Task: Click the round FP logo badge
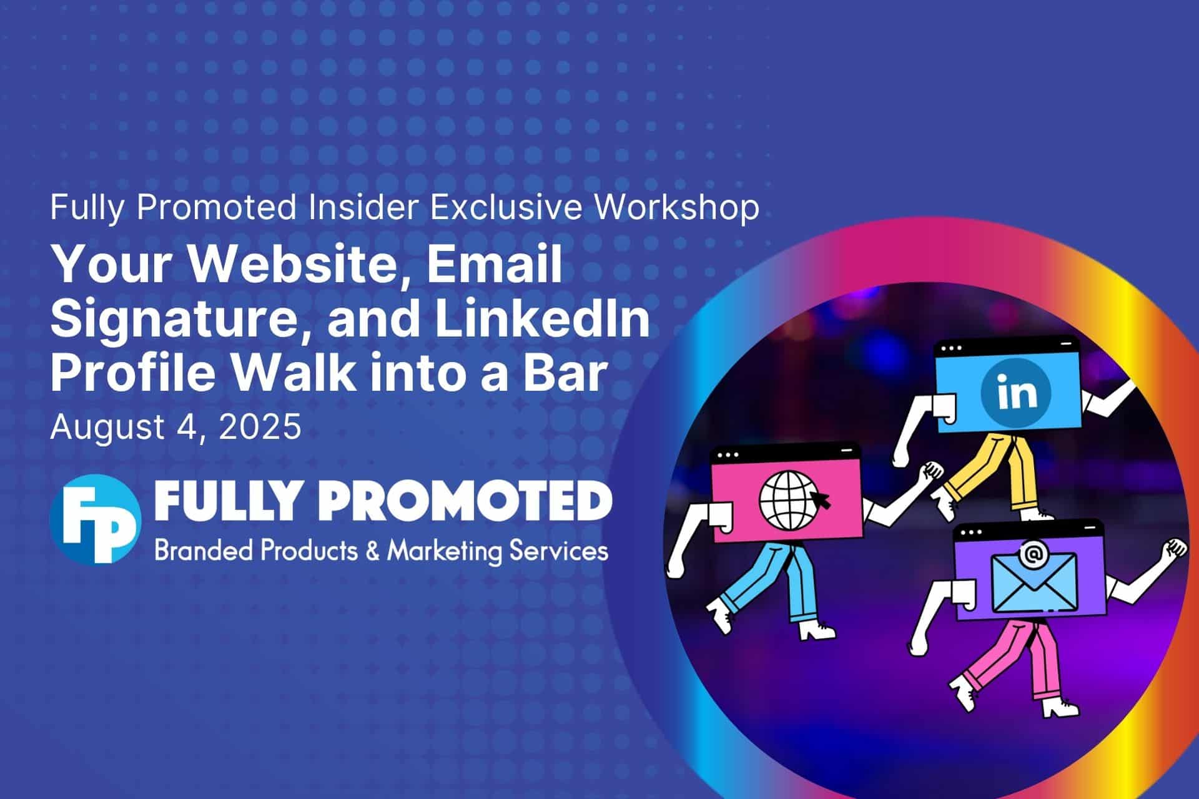[95, 519]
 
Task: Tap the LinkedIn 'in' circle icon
[1016, 392]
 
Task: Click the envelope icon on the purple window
[1034, 582]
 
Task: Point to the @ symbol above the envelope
[1034, 554]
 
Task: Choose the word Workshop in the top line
[676, 208]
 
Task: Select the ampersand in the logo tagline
[374, 551]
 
